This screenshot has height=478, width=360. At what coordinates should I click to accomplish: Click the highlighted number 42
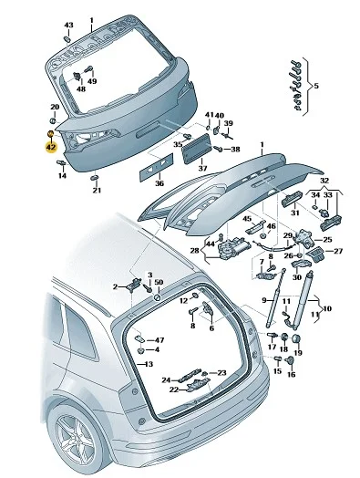pos(51,148)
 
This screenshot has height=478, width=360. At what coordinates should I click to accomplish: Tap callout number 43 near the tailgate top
pos(68,25)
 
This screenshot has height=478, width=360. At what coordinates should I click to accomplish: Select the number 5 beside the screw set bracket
pos(316,86)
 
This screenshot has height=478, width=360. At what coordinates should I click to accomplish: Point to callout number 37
pos(202,168)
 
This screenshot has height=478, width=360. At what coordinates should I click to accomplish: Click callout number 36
pos(159,183)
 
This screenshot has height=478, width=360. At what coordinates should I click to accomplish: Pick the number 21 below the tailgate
pos(97,191)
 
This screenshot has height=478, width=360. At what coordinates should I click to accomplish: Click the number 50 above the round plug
pos(159,282)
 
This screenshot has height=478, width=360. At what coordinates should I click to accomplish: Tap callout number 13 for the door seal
pos(149,364)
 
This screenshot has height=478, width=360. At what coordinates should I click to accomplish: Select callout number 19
pos(298,353)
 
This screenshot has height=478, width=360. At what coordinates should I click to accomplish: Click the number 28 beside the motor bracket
pos(194,250)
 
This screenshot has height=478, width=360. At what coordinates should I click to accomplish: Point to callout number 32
pos(324,181)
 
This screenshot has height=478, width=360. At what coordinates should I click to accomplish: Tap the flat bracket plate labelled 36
pos(156,167)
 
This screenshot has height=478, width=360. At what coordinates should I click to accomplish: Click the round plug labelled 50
pos(158,296)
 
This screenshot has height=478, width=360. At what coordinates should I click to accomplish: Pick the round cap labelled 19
pos(296,338)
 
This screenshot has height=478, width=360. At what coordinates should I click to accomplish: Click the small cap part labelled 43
pos(67,39)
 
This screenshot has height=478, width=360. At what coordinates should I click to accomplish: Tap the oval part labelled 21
pos(95,178)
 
